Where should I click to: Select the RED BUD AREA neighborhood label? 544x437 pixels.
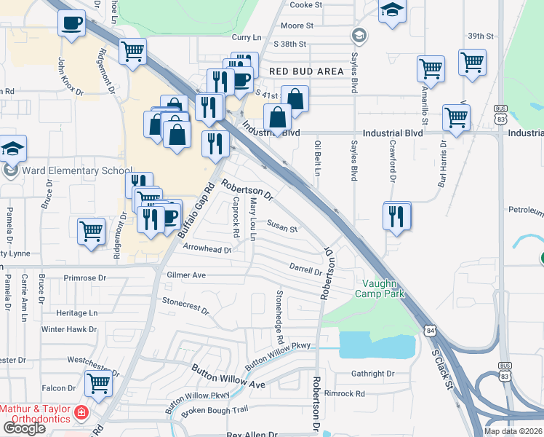pyautogui.click(x=305, y=71)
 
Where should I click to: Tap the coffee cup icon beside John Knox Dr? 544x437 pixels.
pyautogui.click(x=71, y=23)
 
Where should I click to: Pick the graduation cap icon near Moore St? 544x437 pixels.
pyautogui.click(x=392, y=10)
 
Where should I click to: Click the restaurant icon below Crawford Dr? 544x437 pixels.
pyautogui.click(x=397, y=216)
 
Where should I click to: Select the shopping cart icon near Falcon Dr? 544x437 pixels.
pyautogui.click(x=98, y=382)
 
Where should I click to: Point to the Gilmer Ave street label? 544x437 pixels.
pyautogui.click(x=186, y=275)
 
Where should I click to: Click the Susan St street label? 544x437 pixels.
pyautogui.click(x=282, y=228)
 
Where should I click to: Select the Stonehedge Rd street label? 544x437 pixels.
pyautogui.click(x=278, y=317)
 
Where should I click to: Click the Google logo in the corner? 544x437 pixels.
pyautogui.click(x=24, y=428)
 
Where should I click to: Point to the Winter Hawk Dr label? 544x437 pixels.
pyautogui.click(x=69, y=329)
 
